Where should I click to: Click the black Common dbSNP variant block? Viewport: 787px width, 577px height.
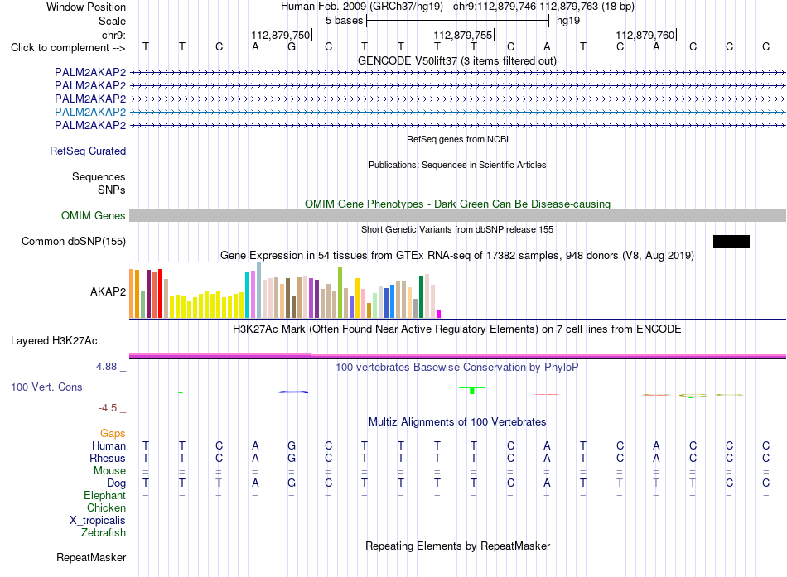point(731,242)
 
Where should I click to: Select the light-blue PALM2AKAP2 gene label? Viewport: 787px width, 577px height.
point(90,112)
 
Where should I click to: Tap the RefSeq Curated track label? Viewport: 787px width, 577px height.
point(88,151)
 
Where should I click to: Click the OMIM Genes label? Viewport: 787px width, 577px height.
point(94,216)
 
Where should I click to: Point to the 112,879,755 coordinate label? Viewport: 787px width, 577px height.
point(463,35)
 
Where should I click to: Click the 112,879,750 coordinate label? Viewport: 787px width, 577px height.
point(281,35)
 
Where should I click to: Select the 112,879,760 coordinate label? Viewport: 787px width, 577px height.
point(645,35)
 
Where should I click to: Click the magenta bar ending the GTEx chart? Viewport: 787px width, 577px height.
point(439,314)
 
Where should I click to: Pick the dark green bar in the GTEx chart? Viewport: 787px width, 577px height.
point(422,297)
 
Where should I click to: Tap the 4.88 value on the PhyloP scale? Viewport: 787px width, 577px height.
point(106,367)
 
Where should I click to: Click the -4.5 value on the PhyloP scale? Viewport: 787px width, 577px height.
point(108,408)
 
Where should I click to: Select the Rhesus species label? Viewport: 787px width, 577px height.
point(108,458)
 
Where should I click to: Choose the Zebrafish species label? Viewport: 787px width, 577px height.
point(104,533)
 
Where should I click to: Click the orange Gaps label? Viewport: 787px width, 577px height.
point(113,434)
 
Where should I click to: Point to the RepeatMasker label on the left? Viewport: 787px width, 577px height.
point(91,557)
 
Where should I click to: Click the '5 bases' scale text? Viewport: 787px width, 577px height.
point(345,21)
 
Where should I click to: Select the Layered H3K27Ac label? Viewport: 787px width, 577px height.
point(54,341)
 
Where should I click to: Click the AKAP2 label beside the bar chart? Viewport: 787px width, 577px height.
point(108,292)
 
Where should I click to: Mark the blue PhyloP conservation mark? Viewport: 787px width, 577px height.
point(293,392)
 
